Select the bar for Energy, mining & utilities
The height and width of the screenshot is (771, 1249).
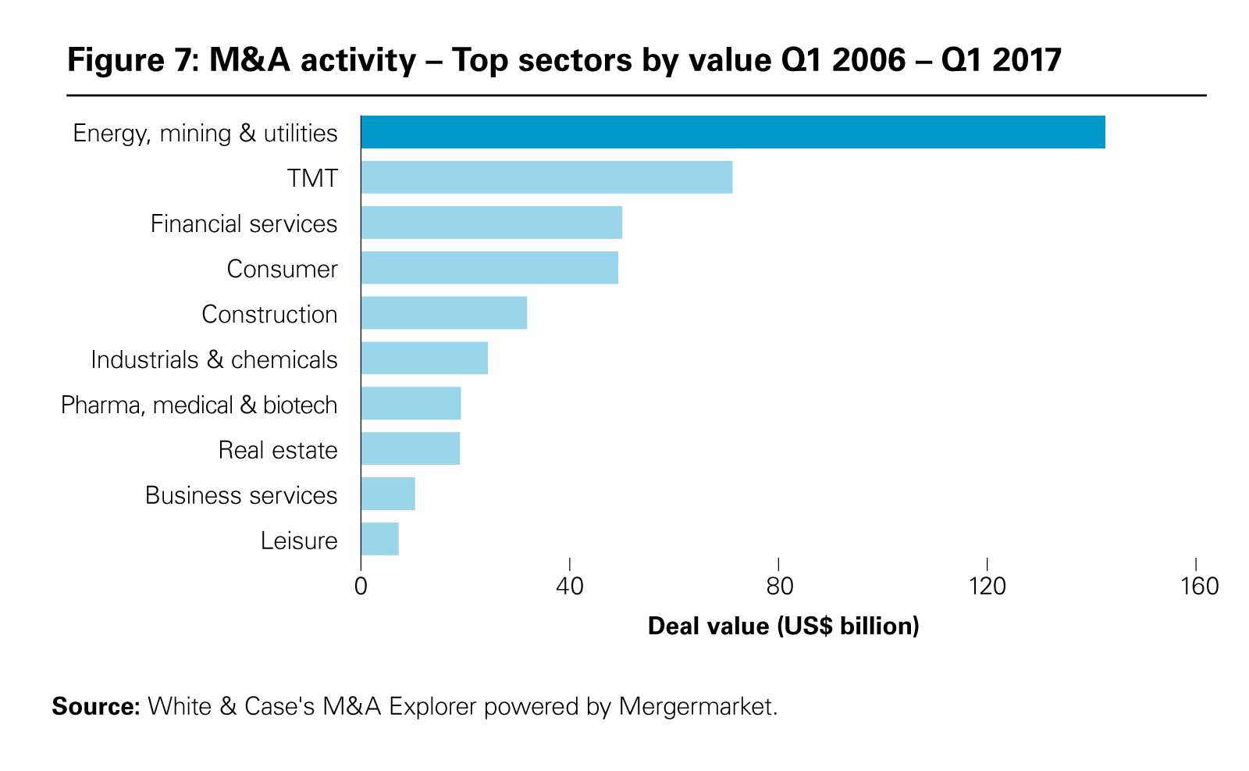[732, 132]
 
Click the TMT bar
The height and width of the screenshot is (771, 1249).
[546, 177]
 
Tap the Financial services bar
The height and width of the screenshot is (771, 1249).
[491, 223]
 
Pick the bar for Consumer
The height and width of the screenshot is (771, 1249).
[489, 268]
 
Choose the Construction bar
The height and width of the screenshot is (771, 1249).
[443, 313]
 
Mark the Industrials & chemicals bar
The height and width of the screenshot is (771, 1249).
[424, 359]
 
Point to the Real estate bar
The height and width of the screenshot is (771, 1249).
[410, 449]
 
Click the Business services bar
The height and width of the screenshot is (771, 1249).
[388, 494]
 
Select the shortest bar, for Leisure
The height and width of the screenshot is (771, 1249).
[379, 540]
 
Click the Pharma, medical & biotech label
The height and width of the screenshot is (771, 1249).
[199, 405]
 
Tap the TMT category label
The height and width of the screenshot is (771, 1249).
[312, 178]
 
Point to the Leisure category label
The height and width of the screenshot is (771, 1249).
[299, 541]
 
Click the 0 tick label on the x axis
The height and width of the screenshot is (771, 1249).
[361, 587]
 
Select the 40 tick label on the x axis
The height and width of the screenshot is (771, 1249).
[570, 587]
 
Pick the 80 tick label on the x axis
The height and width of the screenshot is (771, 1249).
[779, 587]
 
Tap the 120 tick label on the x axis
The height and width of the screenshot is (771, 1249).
[987, 587]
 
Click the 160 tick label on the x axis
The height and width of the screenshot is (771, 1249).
[1196, 587]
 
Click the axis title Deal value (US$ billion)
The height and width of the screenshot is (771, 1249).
[783, 626]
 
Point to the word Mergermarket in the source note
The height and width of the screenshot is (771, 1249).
[698, 707]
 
